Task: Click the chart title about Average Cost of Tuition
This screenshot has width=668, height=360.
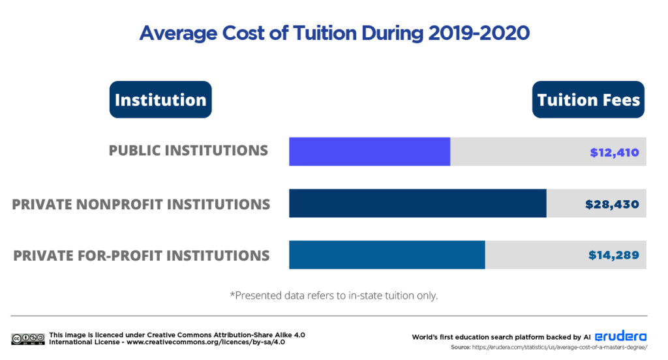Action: [334, 33]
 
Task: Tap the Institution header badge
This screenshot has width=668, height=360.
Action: [160, 100]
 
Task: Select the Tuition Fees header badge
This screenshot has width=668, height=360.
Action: [588, 100]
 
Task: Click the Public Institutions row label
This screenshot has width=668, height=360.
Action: [189, 151]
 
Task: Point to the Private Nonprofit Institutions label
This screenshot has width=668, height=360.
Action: [141, 204]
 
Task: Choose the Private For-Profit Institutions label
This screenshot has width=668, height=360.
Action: [142, 255]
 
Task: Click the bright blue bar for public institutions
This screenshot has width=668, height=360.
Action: [369, 151]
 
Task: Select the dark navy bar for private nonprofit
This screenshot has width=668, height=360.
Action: [417, 203]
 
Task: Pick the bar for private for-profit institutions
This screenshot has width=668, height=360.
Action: [387, 254]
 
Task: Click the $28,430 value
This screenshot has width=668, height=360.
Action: [612, 204]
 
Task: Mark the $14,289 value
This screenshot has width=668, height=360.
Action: [613, 255]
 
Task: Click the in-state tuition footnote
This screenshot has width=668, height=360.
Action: [333, 295]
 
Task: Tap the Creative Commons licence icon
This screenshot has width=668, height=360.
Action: [27, 338]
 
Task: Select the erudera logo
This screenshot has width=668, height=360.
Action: [620, 337]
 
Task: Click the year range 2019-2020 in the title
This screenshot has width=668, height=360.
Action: [478, 33]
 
